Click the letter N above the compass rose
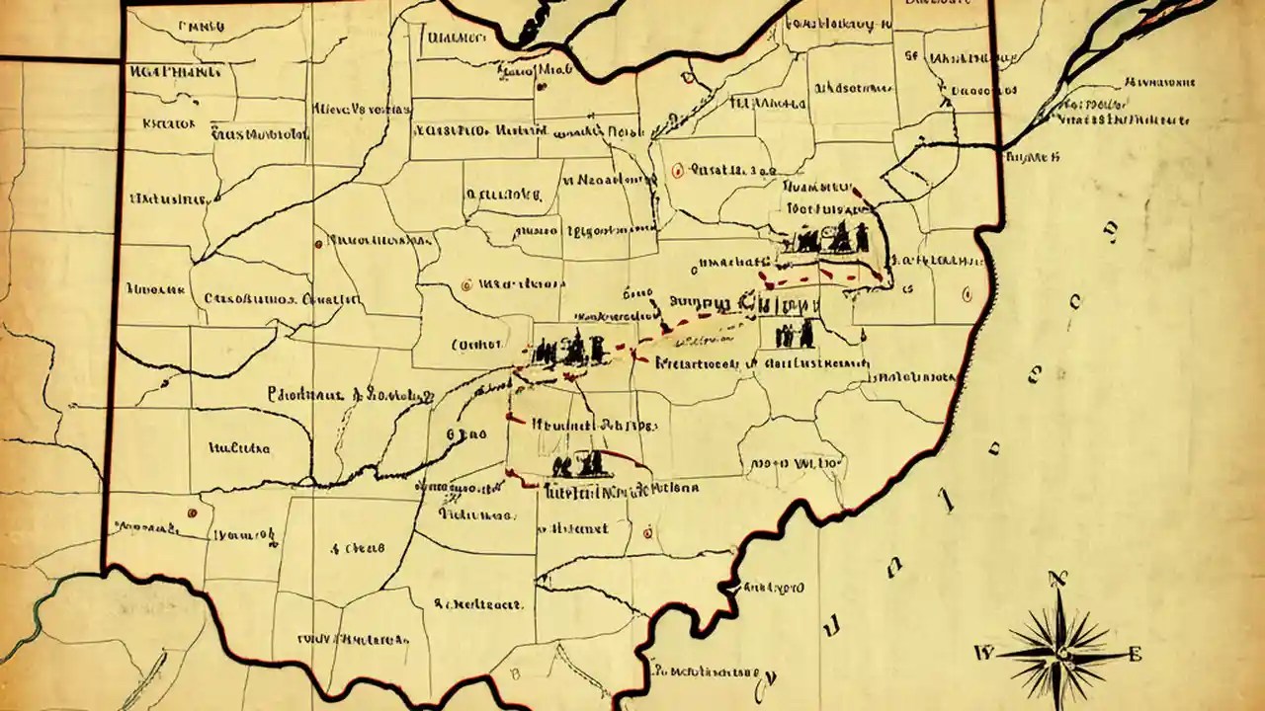coord(1063,580)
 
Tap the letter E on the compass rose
coord(1135,653)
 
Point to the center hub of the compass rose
coord(1060,653)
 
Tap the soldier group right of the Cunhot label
coord(567,348)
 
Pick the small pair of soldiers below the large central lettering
coord(795,334)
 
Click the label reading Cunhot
coord(475,346)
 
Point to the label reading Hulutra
coord(239,447)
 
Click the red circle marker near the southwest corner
coord(189,513)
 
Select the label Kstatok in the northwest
coord(169,123)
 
